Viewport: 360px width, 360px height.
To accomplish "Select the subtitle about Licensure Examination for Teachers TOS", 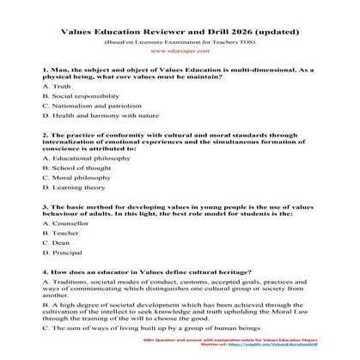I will coord(180,40).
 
